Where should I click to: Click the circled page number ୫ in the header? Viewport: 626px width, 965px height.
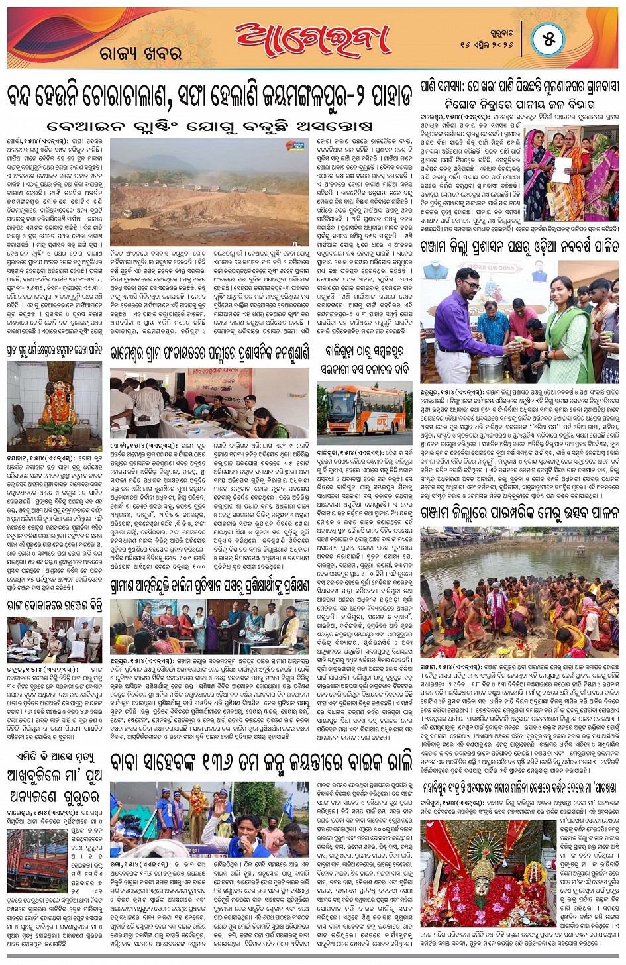548,40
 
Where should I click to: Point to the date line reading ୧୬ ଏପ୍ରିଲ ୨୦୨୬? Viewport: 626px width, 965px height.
486,45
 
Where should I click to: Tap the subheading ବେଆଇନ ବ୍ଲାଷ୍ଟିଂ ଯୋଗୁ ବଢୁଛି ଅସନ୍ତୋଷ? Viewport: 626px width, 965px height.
210,126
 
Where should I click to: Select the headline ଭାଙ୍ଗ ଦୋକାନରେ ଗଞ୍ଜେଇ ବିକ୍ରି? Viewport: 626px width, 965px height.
54,604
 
